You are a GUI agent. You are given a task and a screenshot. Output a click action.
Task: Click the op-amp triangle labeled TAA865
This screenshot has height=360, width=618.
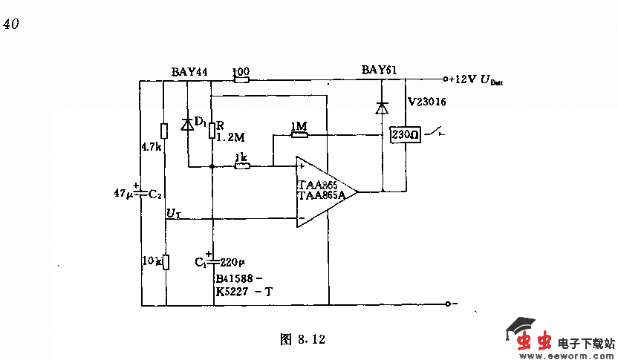click(x=322, y=192)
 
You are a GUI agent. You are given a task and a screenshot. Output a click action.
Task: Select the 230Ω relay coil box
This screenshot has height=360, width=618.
click(x=406, y=134)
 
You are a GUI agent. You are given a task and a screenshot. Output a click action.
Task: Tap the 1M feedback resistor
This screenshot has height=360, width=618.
click(x=299, y=134)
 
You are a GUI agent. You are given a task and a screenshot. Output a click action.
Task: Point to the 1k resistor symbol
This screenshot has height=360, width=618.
click(x=241, y=166)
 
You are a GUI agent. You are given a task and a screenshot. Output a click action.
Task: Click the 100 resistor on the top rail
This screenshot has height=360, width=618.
click(x=241, y=79)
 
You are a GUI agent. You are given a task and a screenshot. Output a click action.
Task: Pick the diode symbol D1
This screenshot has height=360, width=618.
click(x=187, y=125)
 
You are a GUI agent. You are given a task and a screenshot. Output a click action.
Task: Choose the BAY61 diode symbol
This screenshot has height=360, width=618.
click(x=382, y=108)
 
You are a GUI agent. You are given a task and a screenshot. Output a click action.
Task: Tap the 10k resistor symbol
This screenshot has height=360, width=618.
click(x=166, y=262)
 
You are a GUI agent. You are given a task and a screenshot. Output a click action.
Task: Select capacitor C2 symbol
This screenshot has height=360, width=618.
click(x=140, y=193)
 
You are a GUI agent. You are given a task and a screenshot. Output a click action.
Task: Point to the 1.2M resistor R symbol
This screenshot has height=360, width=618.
click(x=212, y=131)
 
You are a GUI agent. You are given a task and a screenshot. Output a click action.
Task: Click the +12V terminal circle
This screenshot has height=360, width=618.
click(x=446, y=79)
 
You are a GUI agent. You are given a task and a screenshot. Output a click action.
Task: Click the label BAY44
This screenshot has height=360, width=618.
click(x=189, y=71)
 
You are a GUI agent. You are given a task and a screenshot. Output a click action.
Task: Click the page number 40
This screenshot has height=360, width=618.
click(x=11, y=24)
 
